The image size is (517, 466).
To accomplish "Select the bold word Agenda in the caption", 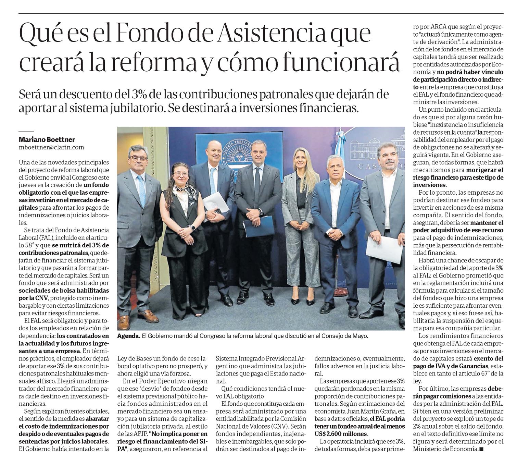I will click(x=128, y=336).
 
